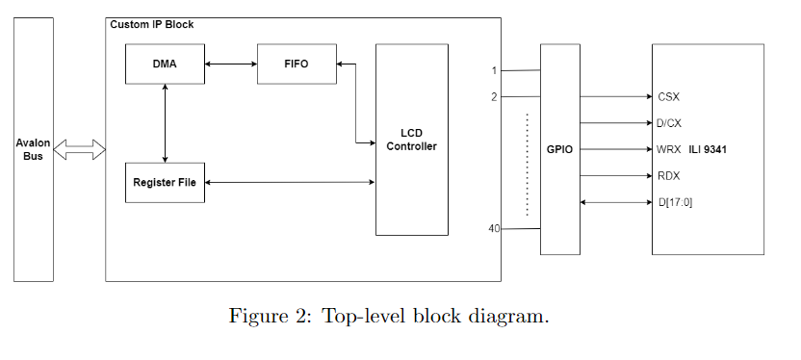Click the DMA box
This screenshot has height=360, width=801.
[165, 64]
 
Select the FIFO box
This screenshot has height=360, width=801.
[297, 64]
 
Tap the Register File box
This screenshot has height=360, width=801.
[165, 182]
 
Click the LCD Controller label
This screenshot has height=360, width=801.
[411, 140]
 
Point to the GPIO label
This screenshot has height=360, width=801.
[559, 149]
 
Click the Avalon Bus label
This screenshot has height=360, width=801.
[33, 149]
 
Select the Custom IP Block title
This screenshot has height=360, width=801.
[151, 23]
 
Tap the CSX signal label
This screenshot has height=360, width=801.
[669, 97]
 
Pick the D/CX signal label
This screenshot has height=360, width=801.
[670, 123]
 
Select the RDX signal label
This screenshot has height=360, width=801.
[669, 176]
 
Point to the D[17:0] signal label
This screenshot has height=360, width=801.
[677, 202]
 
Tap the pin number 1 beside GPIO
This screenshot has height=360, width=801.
[494, 70]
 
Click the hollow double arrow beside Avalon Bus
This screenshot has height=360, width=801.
[79, 149]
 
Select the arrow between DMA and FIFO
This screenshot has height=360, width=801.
[231, 64]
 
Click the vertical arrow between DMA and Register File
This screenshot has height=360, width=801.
[166, 123]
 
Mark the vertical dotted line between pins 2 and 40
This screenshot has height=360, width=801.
[527, 164]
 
